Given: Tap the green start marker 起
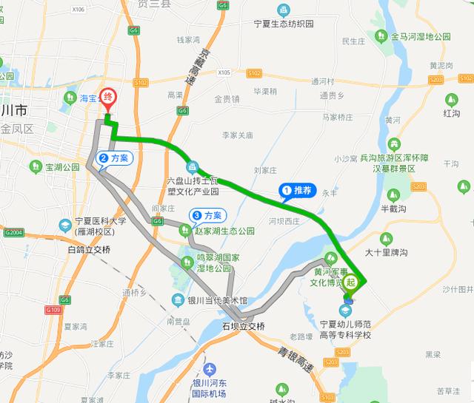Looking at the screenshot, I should coord(351,282).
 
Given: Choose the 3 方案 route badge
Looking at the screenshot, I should coord(207,216).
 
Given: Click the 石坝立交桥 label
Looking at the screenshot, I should coord(243,326).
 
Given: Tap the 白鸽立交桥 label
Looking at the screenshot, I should coord(88,251).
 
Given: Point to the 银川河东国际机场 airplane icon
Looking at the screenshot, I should coord(210,368).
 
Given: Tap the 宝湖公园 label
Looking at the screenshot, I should coord(62,168).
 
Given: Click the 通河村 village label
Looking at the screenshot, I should coord(323,81).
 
